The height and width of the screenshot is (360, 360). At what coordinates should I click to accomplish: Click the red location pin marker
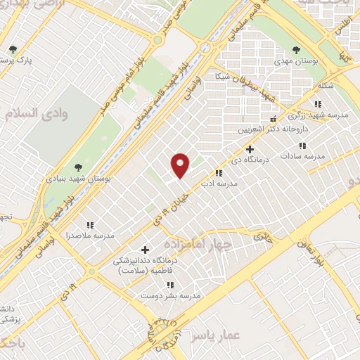pos(181,165)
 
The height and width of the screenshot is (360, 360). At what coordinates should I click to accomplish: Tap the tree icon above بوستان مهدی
pos(296,50)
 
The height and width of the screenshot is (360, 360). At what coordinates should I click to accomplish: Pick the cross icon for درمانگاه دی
pos(250,149)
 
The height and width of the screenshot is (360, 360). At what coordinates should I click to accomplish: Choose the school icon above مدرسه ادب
pos(219,172)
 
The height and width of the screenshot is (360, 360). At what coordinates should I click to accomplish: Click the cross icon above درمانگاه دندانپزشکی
pos(146,250)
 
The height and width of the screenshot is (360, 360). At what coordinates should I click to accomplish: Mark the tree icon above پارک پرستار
pos(13,49)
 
